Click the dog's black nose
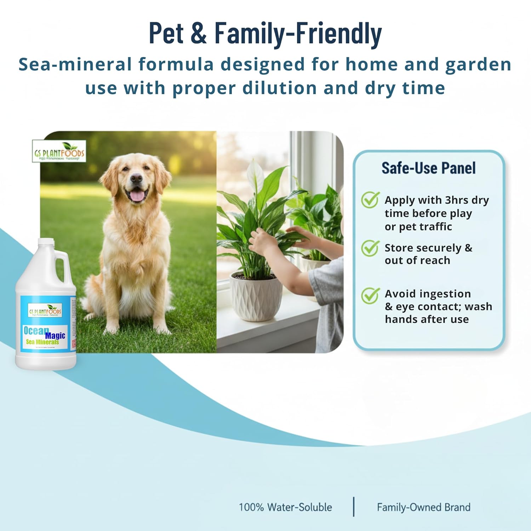136,179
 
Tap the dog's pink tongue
137,196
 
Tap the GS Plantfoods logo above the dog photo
59,152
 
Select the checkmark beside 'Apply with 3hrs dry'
370,200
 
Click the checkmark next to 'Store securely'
370,248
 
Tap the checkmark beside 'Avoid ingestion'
370,295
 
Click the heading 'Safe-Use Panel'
428,168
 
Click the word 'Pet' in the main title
166,33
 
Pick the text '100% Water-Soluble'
285,507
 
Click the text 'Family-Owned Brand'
423,507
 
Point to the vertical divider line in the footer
354,507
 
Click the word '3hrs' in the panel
457,200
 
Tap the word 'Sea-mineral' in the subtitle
74,65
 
